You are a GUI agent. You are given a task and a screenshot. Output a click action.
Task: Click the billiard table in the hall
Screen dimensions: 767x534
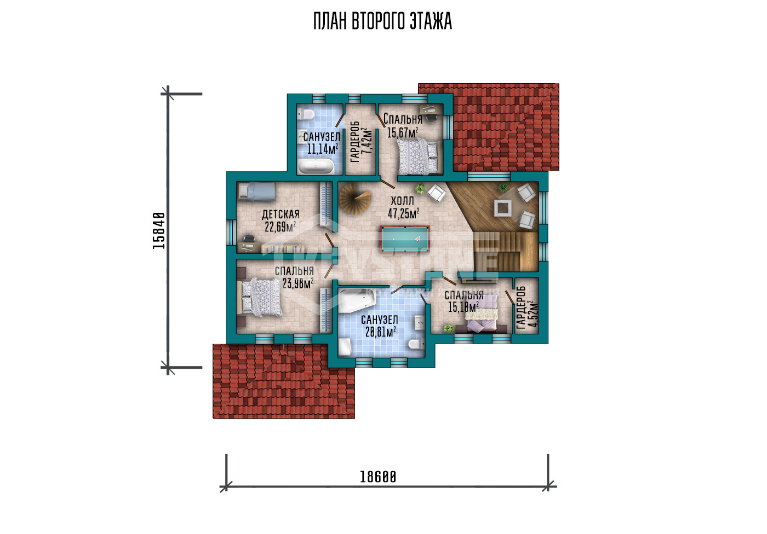click(404, 239)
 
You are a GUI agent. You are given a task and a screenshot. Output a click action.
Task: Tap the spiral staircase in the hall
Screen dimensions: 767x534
click(355, 198)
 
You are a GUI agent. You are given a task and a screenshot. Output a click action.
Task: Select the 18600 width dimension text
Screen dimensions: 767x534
click(378, 477)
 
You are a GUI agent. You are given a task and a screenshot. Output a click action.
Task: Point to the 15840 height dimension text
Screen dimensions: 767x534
click(159, 230)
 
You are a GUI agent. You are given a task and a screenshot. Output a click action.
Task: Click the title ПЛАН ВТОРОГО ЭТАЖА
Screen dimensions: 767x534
click(383, 21)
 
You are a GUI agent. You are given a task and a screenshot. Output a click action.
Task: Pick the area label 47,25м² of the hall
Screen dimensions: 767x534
click(404, 213)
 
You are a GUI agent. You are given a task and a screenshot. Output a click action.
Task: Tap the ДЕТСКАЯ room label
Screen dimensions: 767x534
click(281, 214)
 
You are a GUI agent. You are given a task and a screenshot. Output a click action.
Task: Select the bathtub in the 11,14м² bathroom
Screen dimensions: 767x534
click(316, 167)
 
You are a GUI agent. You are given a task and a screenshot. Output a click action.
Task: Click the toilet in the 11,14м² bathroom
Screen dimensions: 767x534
click(306, 114)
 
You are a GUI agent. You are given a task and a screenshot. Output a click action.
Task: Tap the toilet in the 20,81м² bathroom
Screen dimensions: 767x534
click(416, 344)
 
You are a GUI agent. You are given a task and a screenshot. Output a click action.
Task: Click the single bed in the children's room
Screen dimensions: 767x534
click(257, 191)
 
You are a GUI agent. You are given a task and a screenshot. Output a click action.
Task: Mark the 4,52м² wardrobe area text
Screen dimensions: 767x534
click(533, 314)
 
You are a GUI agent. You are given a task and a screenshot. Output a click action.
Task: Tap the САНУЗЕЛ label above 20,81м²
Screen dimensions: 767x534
click(379, 320)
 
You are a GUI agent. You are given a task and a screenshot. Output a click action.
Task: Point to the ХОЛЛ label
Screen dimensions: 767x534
click(402, 201)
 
